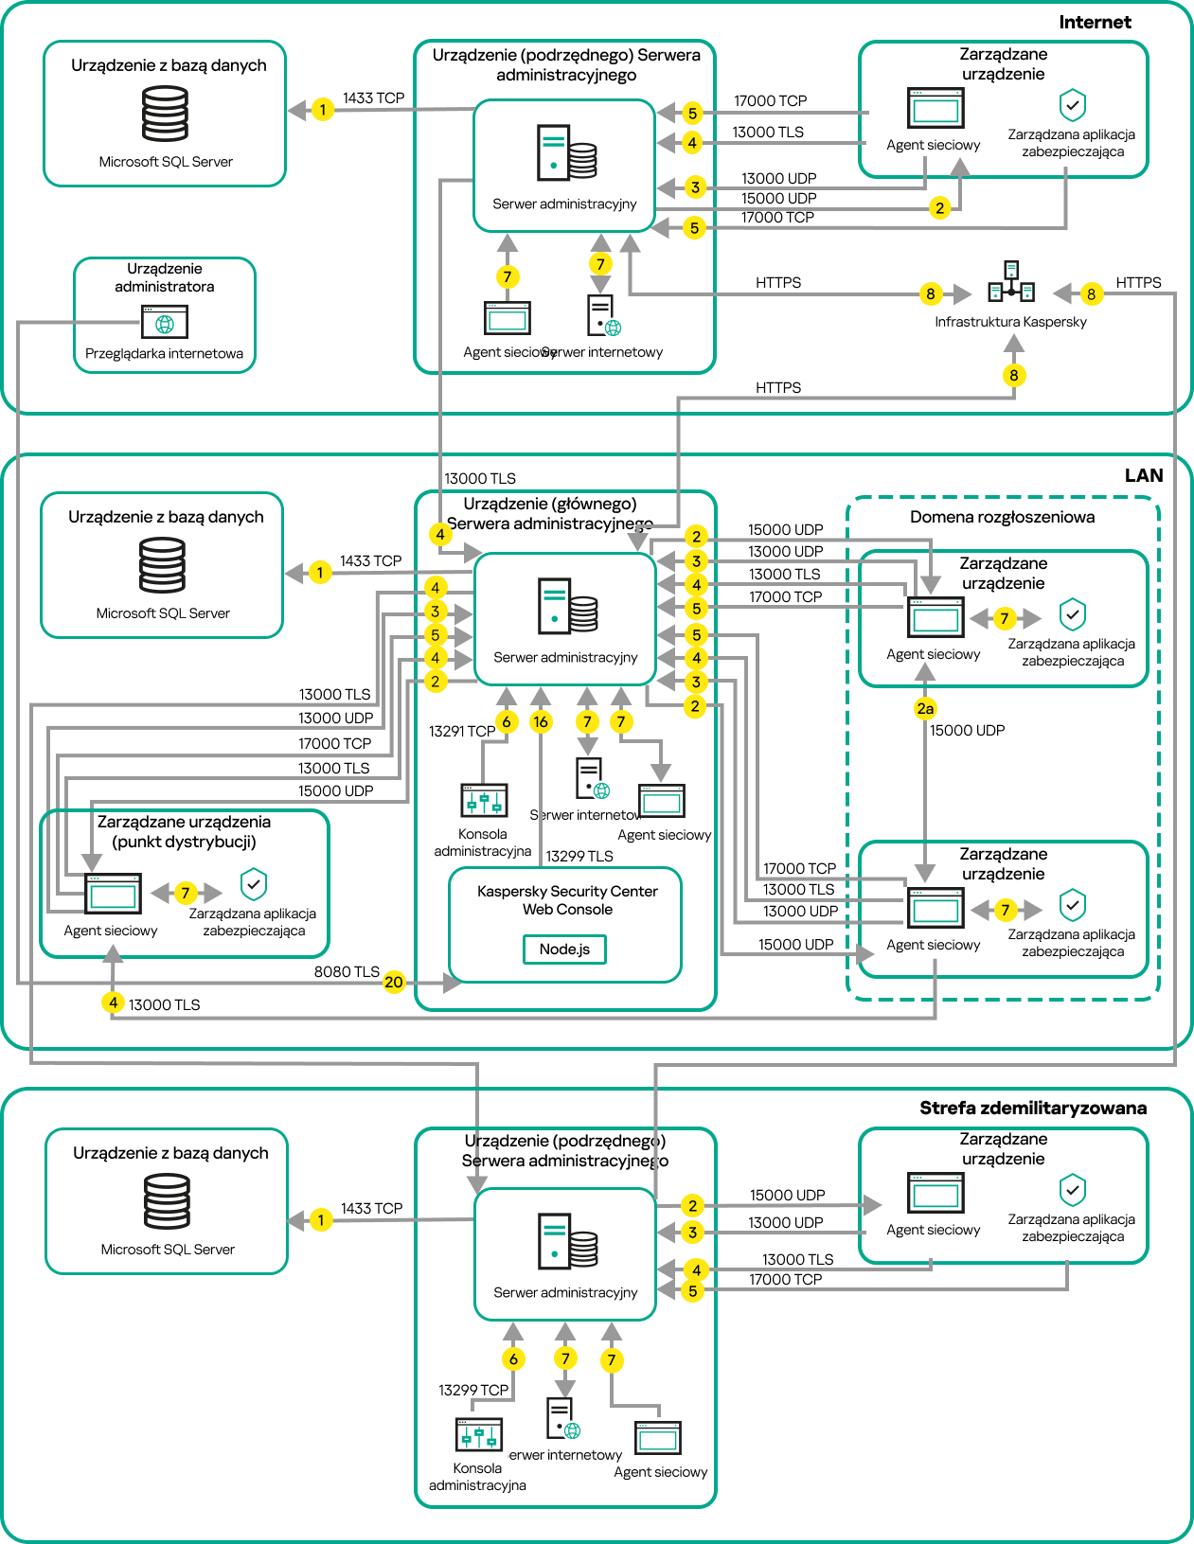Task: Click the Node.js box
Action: [x=564, y=949]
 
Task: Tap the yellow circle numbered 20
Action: [x=394, y=983]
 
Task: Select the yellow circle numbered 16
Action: [x=541, y=722]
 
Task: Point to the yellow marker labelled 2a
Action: [x=925, y=708]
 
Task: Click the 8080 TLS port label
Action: [x=347, y=972]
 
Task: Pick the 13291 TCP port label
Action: [x=461, y=731]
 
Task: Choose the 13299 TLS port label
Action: [x=579, y=856]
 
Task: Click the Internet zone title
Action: [x=1095, y=22]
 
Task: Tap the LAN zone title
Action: [x=1143, y=475]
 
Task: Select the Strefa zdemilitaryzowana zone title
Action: [x=1032, y=1108]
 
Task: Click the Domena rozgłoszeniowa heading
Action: [x=1002, y=517]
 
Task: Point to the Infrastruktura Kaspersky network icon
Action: [x=1011, y=282]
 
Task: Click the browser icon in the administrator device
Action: [x=165, y=322]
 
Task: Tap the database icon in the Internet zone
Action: [x=166, y=114]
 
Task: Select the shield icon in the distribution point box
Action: [x=254, y=884]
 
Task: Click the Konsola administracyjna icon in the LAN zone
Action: [x=484, y=801]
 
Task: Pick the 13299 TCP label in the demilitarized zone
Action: [x=473, y=1390]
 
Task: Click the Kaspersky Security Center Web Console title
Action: [x=567, y=900]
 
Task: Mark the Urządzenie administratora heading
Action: [x=165, y=277]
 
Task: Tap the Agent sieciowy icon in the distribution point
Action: [x=114, y=892]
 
